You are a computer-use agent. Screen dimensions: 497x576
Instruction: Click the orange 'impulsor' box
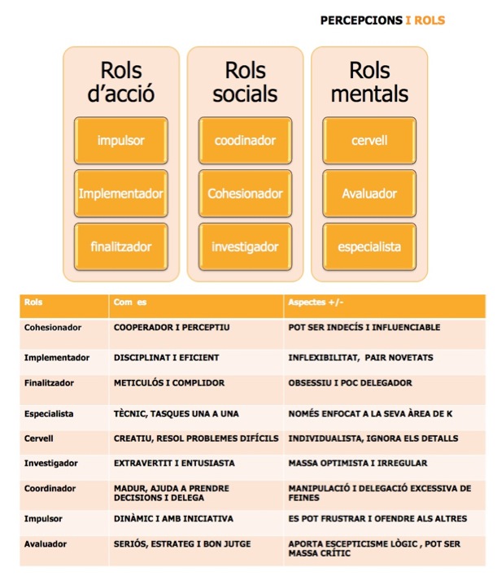click(x=121, y=140)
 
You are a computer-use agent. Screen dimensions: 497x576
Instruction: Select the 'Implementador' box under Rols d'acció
click(x=121, y=194)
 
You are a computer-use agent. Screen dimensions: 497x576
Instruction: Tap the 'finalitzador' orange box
click(x=121, y=247)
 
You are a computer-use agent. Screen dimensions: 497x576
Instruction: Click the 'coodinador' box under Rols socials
click(x=245, y=140)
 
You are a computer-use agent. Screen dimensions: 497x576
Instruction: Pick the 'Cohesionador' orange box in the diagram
click(x=245, y=194)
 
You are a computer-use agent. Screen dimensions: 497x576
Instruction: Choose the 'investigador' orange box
click(x=245, y=247)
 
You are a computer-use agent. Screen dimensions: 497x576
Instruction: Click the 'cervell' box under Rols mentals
click(x=369, y=140)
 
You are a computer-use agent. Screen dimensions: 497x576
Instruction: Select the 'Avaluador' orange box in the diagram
click(x=369, y=194)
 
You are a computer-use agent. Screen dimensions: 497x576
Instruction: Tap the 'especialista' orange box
click(x=369, y=247)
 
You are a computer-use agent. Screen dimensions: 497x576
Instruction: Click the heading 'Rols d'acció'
click(x=121, y=82)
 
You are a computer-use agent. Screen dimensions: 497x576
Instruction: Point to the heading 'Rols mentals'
click(x=369, y=82)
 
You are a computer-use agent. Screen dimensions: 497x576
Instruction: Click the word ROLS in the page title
click(x=429, y=20)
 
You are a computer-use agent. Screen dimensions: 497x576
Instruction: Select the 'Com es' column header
click(x=130, y=303)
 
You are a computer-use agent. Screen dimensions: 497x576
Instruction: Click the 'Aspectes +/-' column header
click(x=316, y=303)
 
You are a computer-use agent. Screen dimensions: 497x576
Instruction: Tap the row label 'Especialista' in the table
click(x=49, y=414)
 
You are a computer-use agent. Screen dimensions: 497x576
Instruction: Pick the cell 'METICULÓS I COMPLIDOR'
click(x=169, y=382)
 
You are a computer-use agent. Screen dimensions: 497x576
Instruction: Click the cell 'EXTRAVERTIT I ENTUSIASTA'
click(x=174, y=463)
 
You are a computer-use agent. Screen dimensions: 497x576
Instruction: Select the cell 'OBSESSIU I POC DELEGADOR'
click(x=350, y=382)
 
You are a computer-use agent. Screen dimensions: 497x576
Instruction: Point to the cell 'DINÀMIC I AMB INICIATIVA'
click(x=173, y=518)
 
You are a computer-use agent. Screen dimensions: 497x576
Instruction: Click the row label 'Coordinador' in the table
click(x=50, y=489)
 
